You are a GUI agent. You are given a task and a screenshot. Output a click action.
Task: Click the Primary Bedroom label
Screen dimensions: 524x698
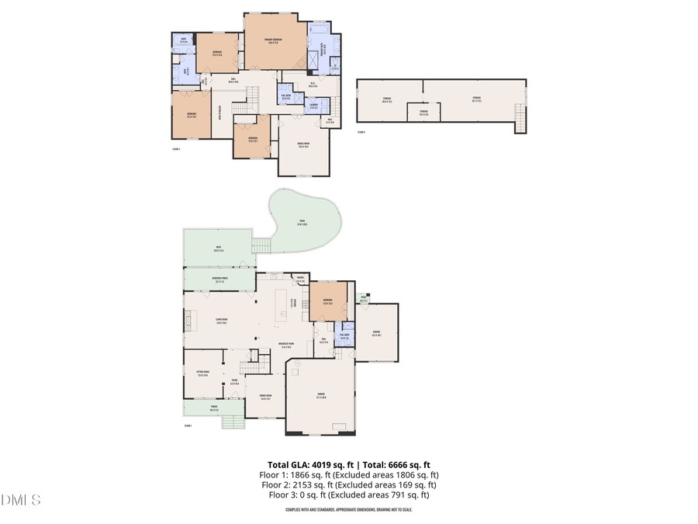272,40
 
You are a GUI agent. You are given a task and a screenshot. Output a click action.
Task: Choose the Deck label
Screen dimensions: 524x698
218,250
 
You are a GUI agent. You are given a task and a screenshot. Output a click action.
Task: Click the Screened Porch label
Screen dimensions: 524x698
219,279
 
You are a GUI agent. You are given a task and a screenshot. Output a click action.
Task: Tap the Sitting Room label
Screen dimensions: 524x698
202,373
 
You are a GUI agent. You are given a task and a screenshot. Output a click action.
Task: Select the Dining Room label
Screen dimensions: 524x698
265,398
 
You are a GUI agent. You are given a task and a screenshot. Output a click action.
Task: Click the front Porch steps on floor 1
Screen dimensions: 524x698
233,422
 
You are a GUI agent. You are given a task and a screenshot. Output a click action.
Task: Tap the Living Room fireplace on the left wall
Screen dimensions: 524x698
185,317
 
